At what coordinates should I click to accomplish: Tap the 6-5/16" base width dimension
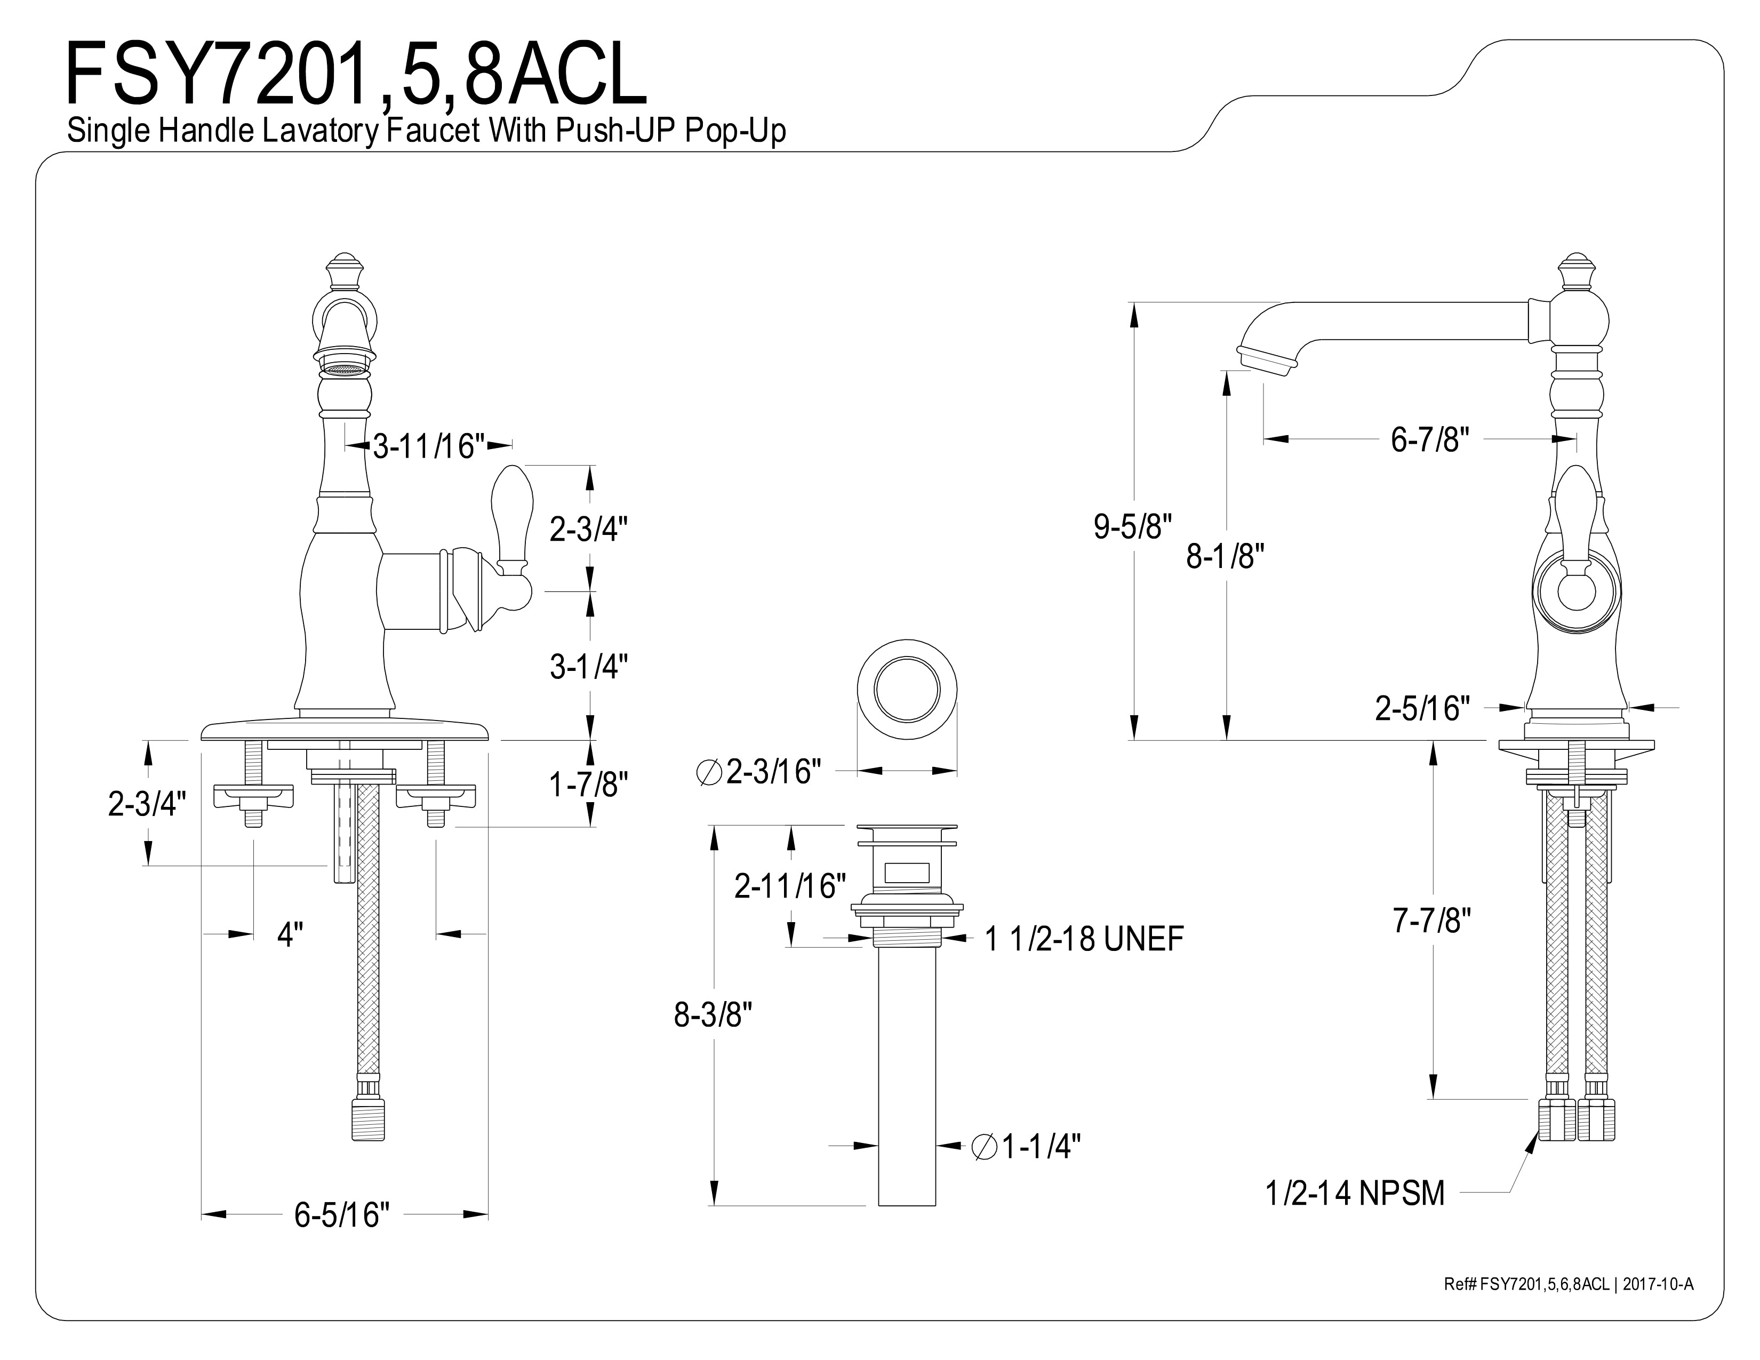(342, 1215)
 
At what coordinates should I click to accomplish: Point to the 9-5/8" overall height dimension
(1132, 527)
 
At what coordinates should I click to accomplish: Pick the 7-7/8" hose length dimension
(1432, 920)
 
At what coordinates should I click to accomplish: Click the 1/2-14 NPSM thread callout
(1355, 1193)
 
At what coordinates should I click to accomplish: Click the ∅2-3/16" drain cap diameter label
(758, 772)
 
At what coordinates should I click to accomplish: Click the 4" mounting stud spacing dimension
(290, 934)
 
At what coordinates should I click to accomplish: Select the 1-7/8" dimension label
(588, 784)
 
